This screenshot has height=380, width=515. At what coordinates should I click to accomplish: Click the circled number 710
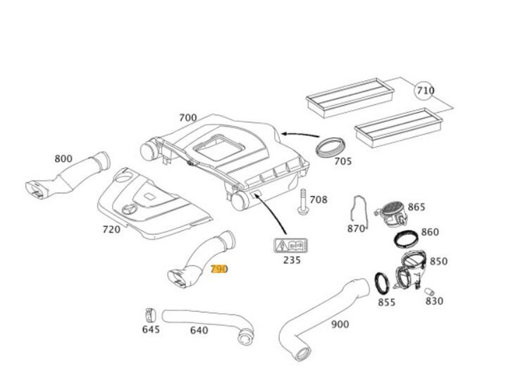pyautogui.click(x=425, y=91)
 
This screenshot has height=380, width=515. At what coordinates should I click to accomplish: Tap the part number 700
pyautogui.click(x=187, y=118)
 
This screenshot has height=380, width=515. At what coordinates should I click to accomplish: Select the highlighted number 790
pyautogui.click(x=219, y=269)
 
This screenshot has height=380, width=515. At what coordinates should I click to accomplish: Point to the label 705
pyautogui.click(x=342, y=161)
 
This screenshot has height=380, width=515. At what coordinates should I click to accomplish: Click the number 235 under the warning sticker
pyautogui.click(x=292, y=260)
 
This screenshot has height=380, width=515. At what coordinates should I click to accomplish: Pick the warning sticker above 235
pyautogui.click(x=290, y=246)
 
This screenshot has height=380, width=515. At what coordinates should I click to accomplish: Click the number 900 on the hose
pyautogui.click(x=340, y=324)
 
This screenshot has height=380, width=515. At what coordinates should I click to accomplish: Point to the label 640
pyautogui.click(x=199, y=329)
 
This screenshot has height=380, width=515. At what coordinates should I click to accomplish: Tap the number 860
pyautogui.click(x=430, y=232)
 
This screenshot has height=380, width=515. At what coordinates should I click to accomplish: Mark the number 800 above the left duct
pyautogui.click(x=63, y=158)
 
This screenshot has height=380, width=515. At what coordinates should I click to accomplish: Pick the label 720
pyautogui.click(x=111, y=229)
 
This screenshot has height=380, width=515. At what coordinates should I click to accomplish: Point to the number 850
pyautogui.click(x=438, y=261)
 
